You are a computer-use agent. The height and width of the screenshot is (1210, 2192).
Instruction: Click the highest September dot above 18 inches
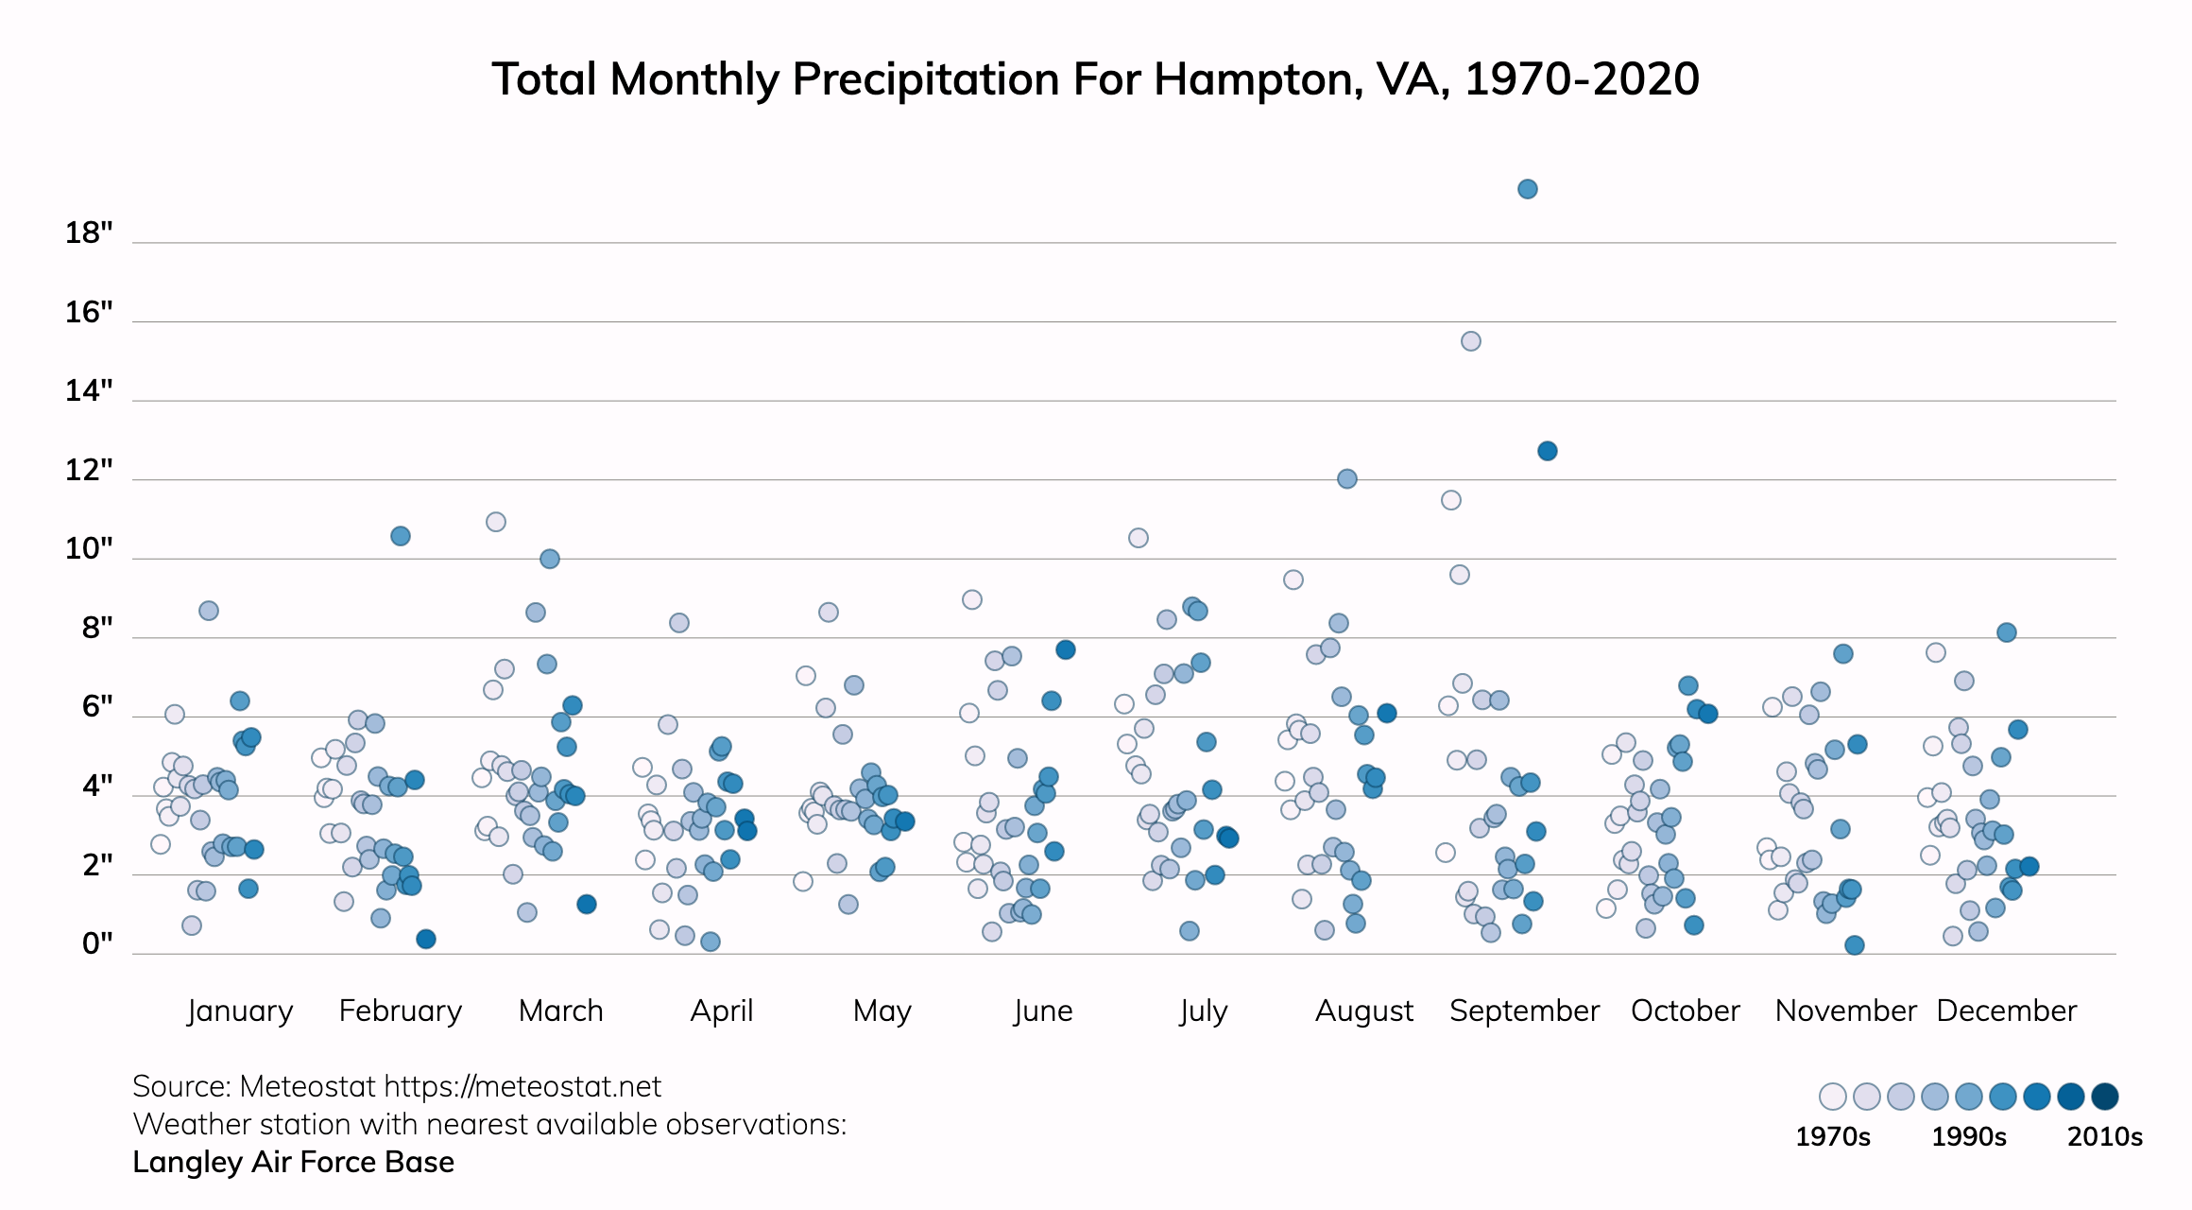pyautogui.click(x=1527, y=189)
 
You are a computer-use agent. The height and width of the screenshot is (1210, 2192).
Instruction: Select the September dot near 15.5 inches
pyautogui.click(x=1470, y=341)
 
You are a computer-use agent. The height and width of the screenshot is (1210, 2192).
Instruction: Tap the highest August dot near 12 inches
pyautogui.click(x=1347, y=479)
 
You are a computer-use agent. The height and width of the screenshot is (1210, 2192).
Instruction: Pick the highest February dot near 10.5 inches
pyautogui.click(x=401, y=536)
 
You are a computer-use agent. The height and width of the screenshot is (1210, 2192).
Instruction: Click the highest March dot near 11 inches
pyautogui.click(x=496, y=522)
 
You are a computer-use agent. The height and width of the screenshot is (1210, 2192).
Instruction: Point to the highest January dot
pyautogui.click(x=209, y=611)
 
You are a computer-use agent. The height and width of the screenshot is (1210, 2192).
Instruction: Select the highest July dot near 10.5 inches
pyautogui.click(x=1139, y=538)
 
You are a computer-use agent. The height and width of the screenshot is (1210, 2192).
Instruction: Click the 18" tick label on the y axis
pyautogui.click(x=89, y=233)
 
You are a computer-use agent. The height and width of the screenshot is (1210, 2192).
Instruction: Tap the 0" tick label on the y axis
pyautogui.click(x=97, y=943)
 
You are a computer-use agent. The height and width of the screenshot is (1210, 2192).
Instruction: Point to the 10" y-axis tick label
pyautogui.click(x=89, y=548)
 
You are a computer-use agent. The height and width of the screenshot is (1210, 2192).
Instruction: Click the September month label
pyautogui.click(x=1524, y=1011)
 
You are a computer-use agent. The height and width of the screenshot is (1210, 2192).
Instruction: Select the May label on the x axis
pyautogui.click(x=882, y=1011)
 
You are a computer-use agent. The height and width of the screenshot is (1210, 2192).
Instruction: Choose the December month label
pyautogui.click(x=2006, y=1011)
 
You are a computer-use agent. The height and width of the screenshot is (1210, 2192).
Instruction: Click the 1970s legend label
pyautogui.click(x=1832, y=1136)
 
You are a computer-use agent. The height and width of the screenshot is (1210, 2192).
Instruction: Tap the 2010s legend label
pyautogui.click(x=2104, y=1136)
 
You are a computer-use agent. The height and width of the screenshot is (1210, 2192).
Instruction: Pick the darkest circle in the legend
pyautogui.click(x=2104, y=1097)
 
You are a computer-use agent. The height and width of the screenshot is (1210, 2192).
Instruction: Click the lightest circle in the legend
pyautogui.click(x=1833, y=1097)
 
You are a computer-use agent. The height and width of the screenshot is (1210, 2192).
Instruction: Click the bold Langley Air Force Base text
pyautogui.click(x=293, y=1162)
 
